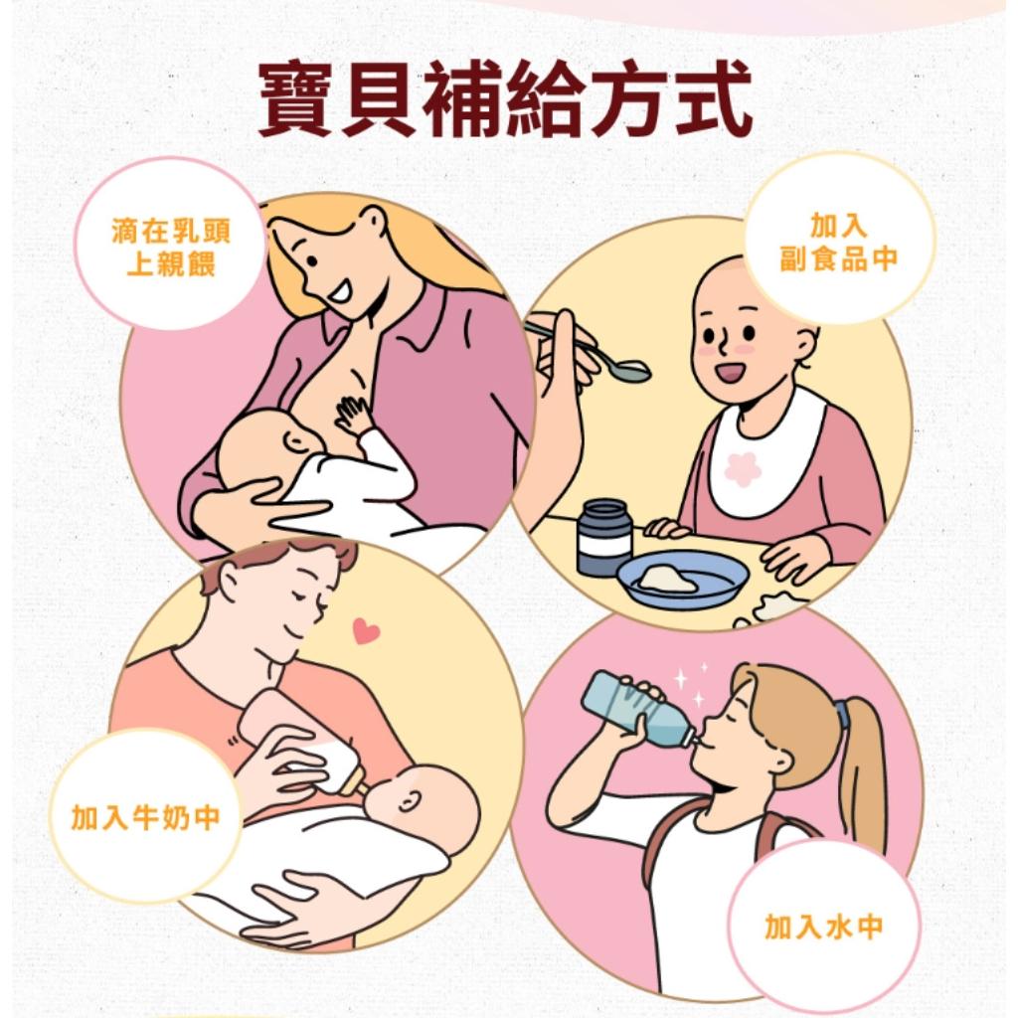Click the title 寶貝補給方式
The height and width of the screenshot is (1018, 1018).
506,98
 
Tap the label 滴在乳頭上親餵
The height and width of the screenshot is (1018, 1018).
171,248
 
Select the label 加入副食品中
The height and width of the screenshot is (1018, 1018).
838,243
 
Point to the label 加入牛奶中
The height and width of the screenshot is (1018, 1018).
145,817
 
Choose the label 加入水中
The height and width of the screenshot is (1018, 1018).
824,927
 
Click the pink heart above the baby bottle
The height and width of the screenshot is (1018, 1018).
366,630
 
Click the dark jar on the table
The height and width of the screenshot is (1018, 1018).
603,537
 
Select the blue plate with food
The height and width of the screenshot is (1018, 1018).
683,580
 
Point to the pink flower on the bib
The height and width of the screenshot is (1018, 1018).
742,470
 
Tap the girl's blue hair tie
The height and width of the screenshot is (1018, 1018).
842,714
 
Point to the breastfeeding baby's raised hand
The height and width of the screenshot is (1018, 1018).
353,417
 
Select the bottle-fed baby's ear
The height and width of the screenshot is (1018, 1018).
408,804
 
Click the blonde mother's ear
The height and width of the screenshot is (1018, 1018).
374,223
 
